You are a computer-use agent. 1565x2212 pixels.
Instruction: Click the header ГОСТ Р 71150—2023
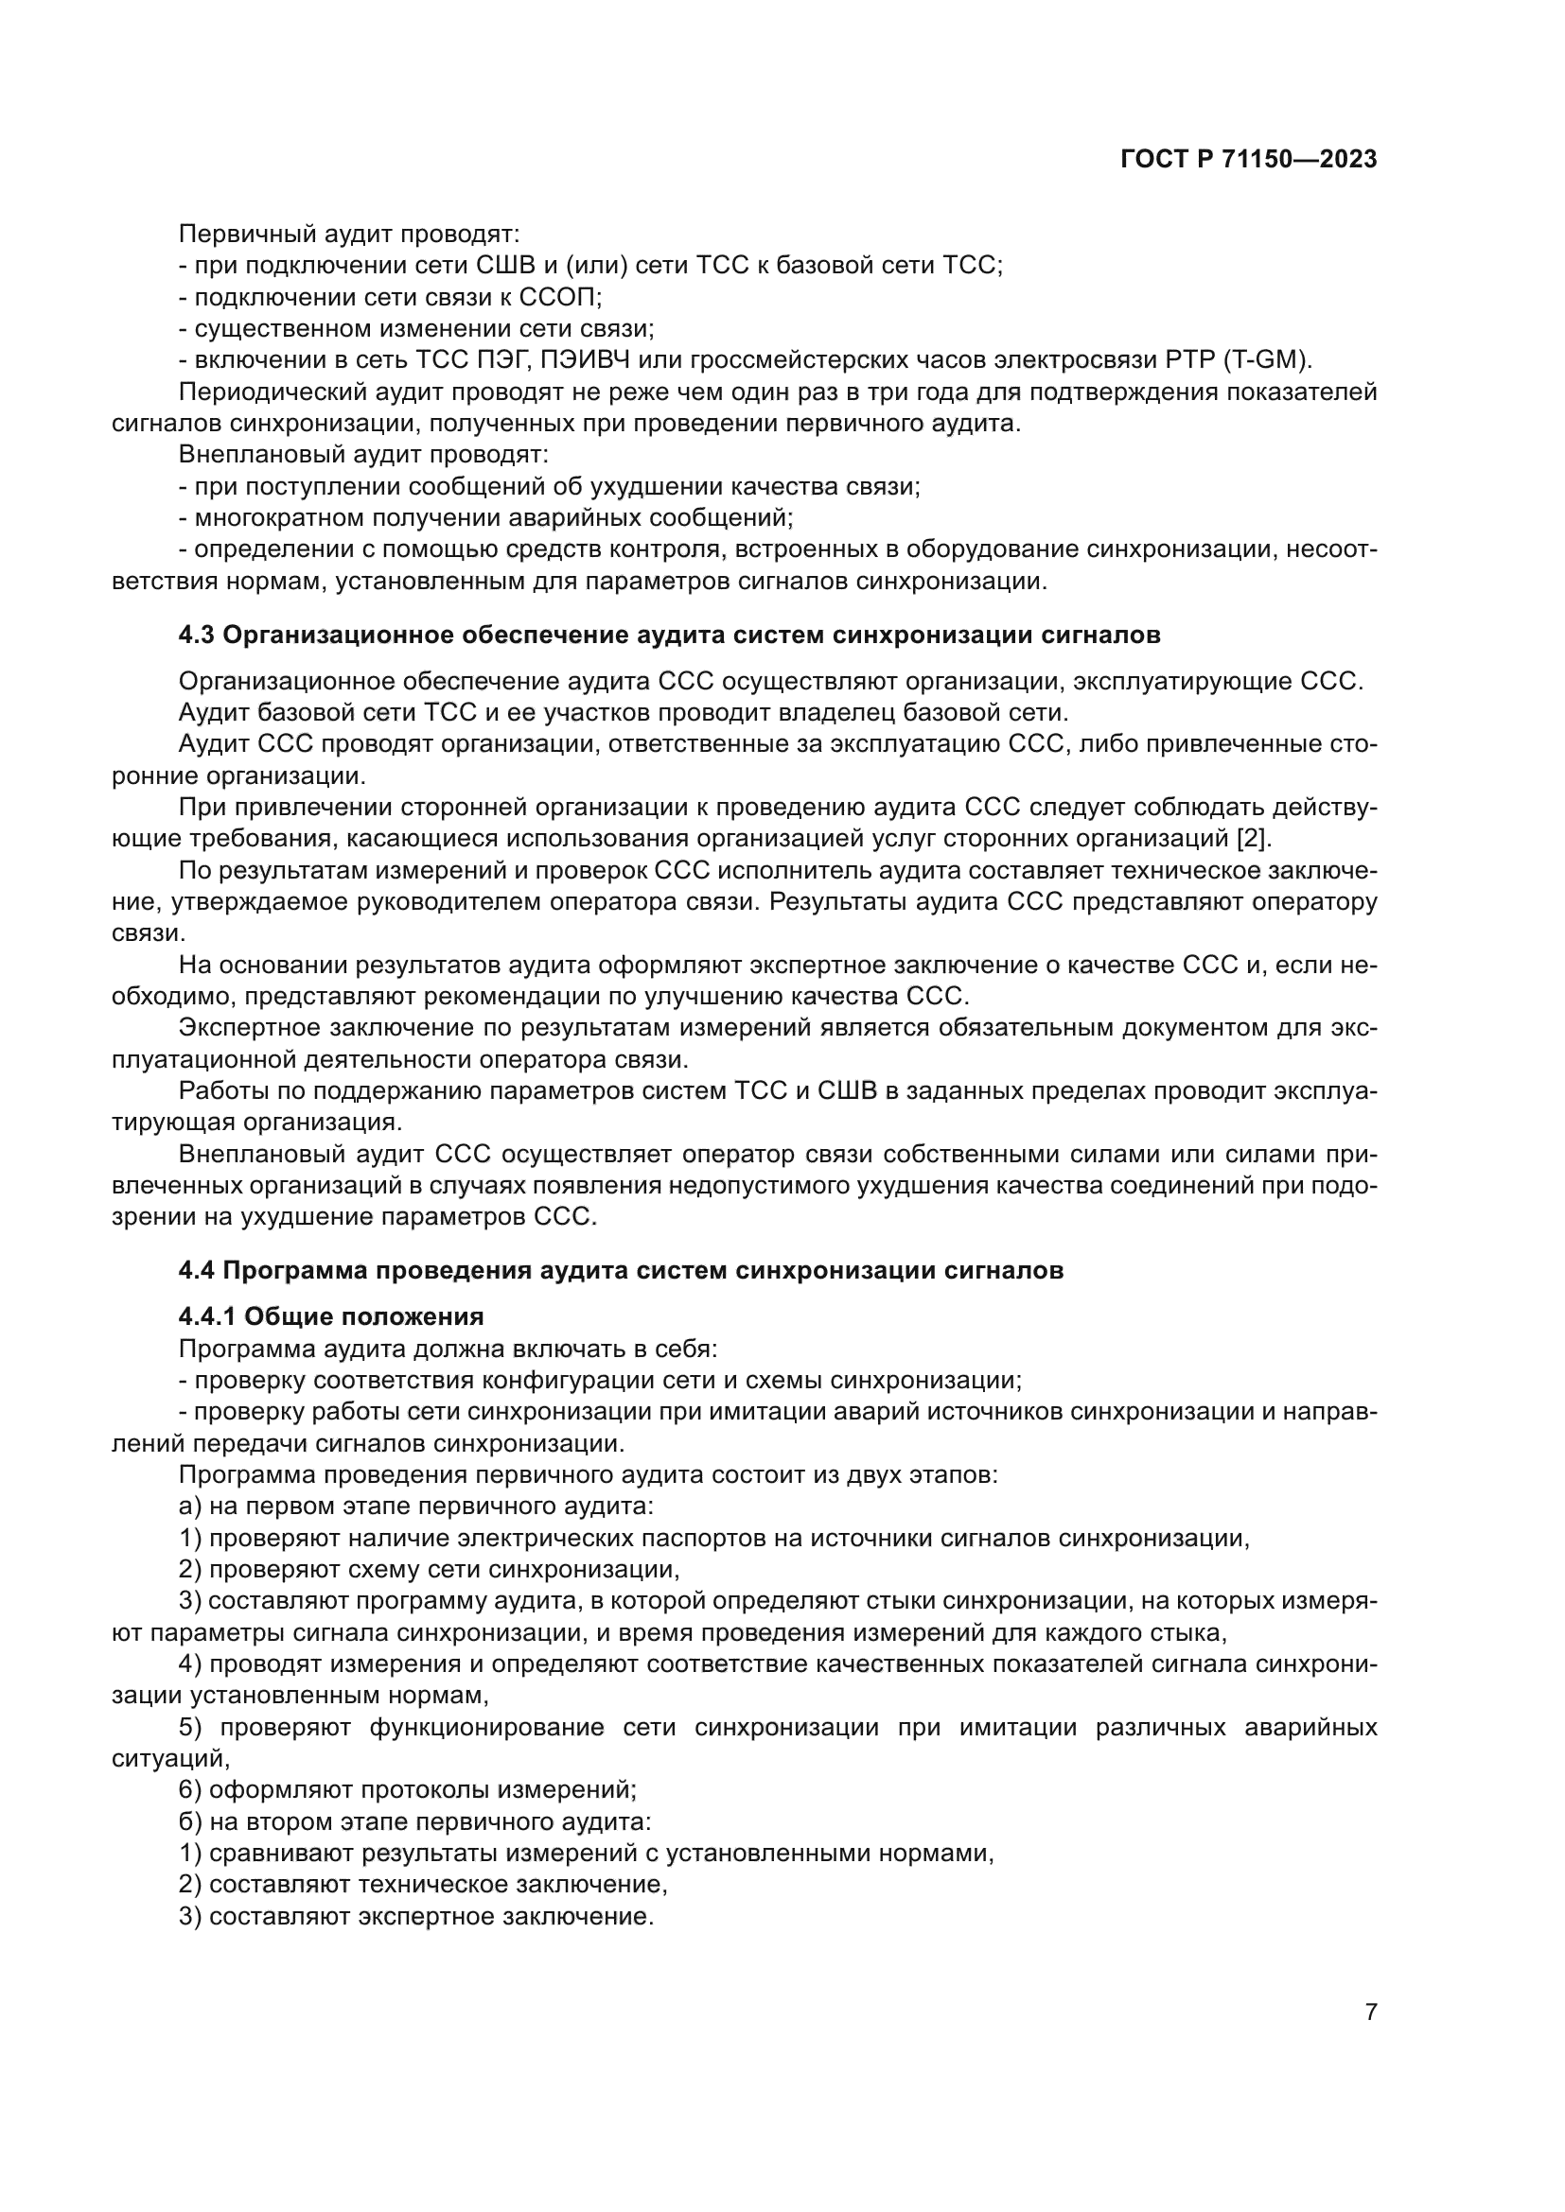tap(1249, 160)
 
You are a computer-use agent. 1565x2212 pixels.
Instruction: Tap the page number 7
tap(1370, 2012)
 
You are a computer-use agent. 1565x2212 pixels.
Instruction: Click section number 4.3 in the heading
tap(197, 635)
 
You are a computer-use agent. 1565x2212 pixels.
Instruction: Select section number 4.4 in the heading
tap(197, 1270)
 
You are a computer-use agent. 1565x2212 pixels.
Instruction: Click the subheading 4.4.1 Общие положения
tap(330, 1316)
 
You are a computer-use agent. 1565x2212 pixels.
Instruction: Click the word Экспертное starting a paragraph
tap(252, 1028)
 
